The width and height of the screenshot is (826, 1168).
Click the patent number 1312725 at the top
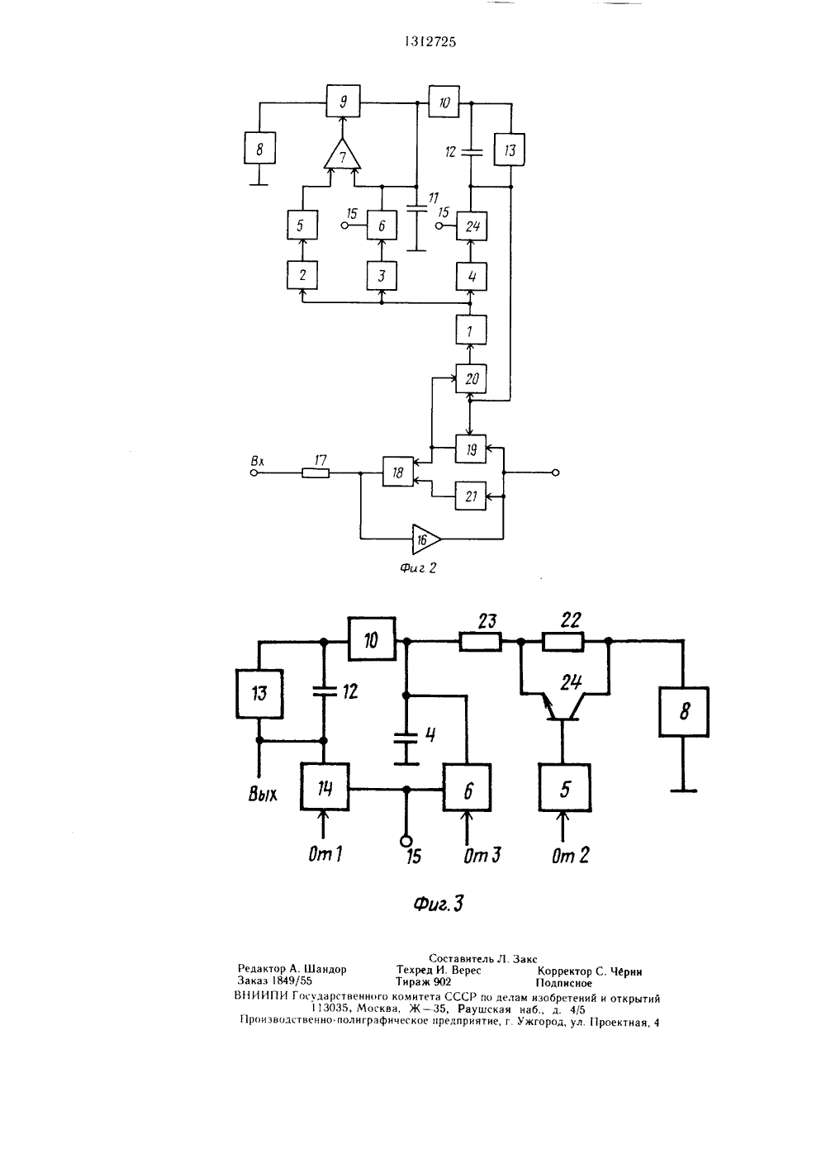pyautogui.click(x=430, y=42)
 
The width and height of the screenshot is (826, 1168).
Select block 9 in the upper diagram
pyautogui.click(x=343, y=102)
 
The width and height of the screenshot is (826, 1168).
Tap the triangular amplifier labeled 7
pyautogui.click(x=342, y=154)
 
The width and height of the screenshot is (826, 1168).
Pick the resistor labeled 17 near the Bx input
pyautogui.click(x=316, y=473)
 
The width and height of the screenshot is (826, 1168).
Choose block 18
pyautogui.click(x=398, y=472)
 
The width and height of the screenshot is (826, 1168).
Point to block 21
pyautogui.click(x=471, y=496)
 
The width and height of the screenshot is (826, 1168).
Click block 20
pyautogui.click(x=471, y=378)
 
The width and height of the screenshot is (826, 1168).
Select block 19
pyautogui.click(x=471, y=449)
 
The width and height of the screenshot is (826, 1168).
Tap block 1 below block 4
pyautogui.click(x=471, y=330)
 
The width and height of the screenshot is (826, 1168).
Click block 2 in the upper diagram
pyautogui.click(x=302, y=275)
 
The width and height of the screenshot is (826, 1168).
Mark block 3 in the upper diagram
pyautogui.click(x=382, y=275)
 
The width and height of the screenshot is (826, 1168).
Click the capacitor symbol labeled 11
pyautogui.click(x=416, y=208)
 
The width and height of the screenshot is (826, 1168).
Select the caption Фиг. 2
pyautogui.click(x=418, y=567)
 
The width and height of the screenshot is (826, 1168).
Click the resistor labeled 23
pyautogui.click(x=480, y=642)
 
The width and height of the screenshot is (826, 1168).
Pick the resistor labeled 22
pyautogui.click(x=563, y=642)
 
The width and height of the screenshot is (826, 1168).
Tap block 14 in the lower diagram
pyautogui.click(x=325, y=787)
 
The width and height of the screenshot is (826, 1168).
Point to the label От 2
pyautogui.click(x=570, y=855)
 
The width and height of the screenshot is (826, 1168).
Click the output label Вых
pyautogui.click(x=263, y=794)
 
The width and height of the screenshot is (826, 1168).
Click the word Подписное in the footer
pyautogui.click(x=563, y=983)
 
